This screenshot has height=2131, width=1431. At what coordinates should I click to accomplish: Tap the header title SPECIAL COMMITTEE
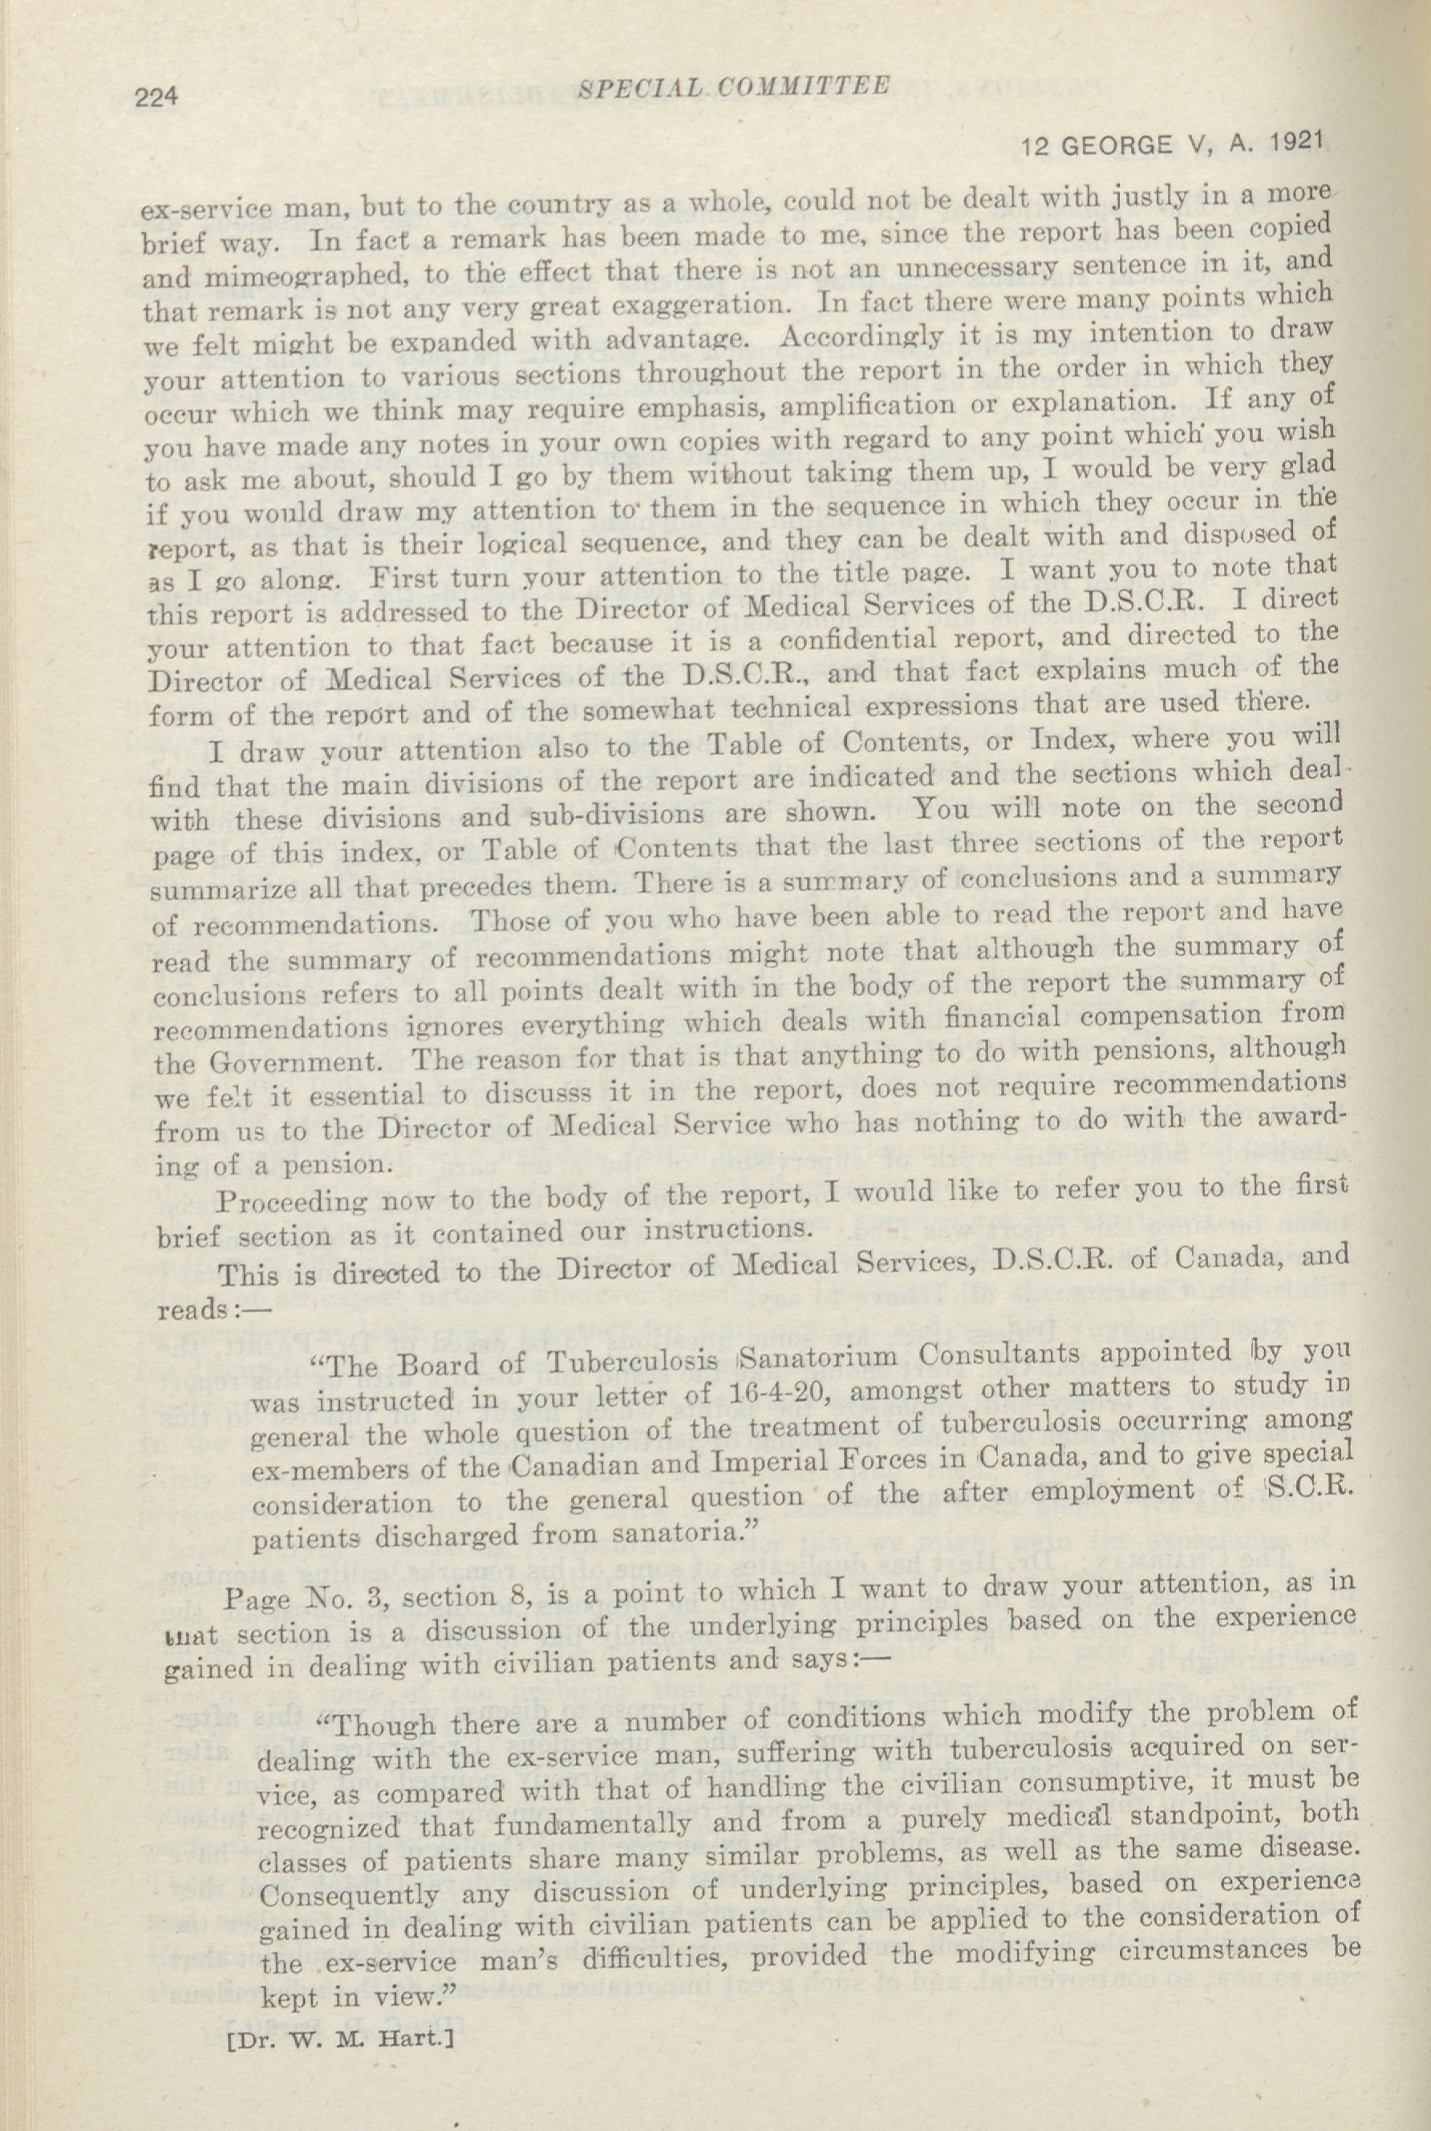(733, 84)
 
